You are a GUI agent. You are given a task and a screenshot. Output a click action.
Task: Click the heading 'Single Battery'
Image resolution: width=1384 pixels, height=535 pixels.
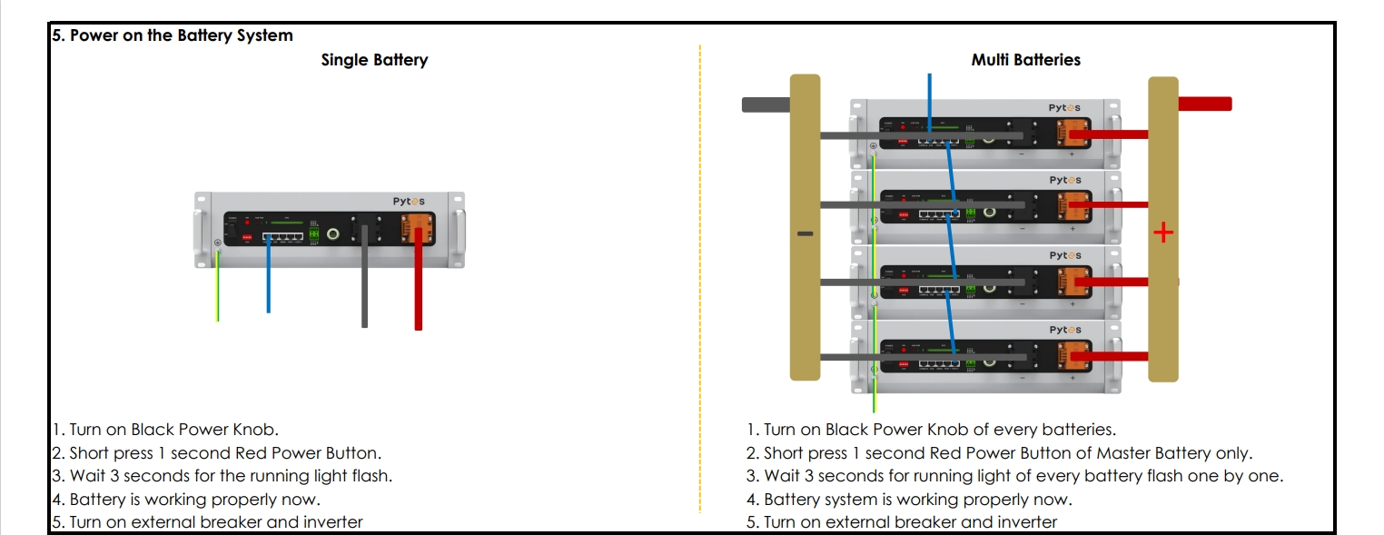tap(374, 60)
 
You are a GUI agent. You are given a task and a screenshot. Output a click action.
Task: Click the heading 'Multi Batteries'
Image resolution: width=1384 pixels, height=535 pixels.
tap(1025, 60)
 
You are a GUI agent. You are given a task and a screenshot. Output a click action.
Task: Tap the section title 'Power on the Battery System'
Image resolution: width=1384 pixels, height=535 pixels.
tap(172, 35)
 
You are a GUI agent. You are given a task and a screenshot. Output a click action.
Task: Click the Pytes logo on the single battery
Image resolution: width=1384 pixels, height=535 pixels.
tap(408, 201)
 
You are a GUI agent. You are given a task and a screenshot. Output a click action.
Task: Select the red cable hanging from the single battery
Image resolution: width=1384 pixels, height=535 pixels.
tap(418, 291)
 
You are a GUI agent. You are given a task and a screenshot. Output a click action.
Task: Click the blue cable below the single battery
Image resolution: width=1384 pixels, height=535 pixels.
tap(268, 282)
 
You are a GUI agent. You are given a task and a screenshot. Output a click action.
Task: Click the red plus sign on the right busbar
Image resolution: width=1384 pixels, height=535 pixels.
tap(1162, 233)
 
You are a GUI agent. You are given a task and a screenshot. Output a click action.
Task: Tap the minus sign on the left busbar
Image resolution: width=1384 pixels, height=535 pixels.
tap(805, 233)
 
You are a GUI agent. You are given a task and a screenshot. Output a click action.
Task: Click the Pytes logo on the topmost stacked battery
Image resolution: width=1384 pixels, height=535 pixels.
tap(1064, 108)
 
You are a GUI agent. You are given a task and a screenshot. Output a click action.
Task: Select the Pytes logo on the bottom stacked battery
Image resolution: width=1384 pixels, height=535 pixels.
tap(1064, 330)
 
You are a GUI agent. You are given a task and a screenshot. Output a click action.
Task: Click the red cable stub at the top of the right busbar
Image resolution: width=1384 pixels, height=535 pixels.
tap(1204, 104)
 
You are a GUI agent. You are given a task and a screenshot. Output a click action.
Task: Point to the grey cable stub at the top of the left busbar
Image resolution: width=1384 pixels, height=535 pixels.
tap(766, 104)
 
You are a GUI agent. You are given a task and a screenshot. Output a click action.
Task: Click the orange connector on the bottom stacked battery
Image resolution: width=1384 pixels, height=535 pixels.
tap(1073, 357)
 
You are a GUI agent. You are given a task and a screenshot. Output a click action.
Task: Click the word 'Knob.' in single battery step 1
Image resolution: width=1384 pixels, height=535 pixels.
tap(258, 430)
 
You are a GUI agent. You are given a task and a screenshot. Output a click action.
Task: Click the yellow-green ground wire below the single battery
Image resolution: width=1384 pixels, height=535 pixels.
tap(217, 291)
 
